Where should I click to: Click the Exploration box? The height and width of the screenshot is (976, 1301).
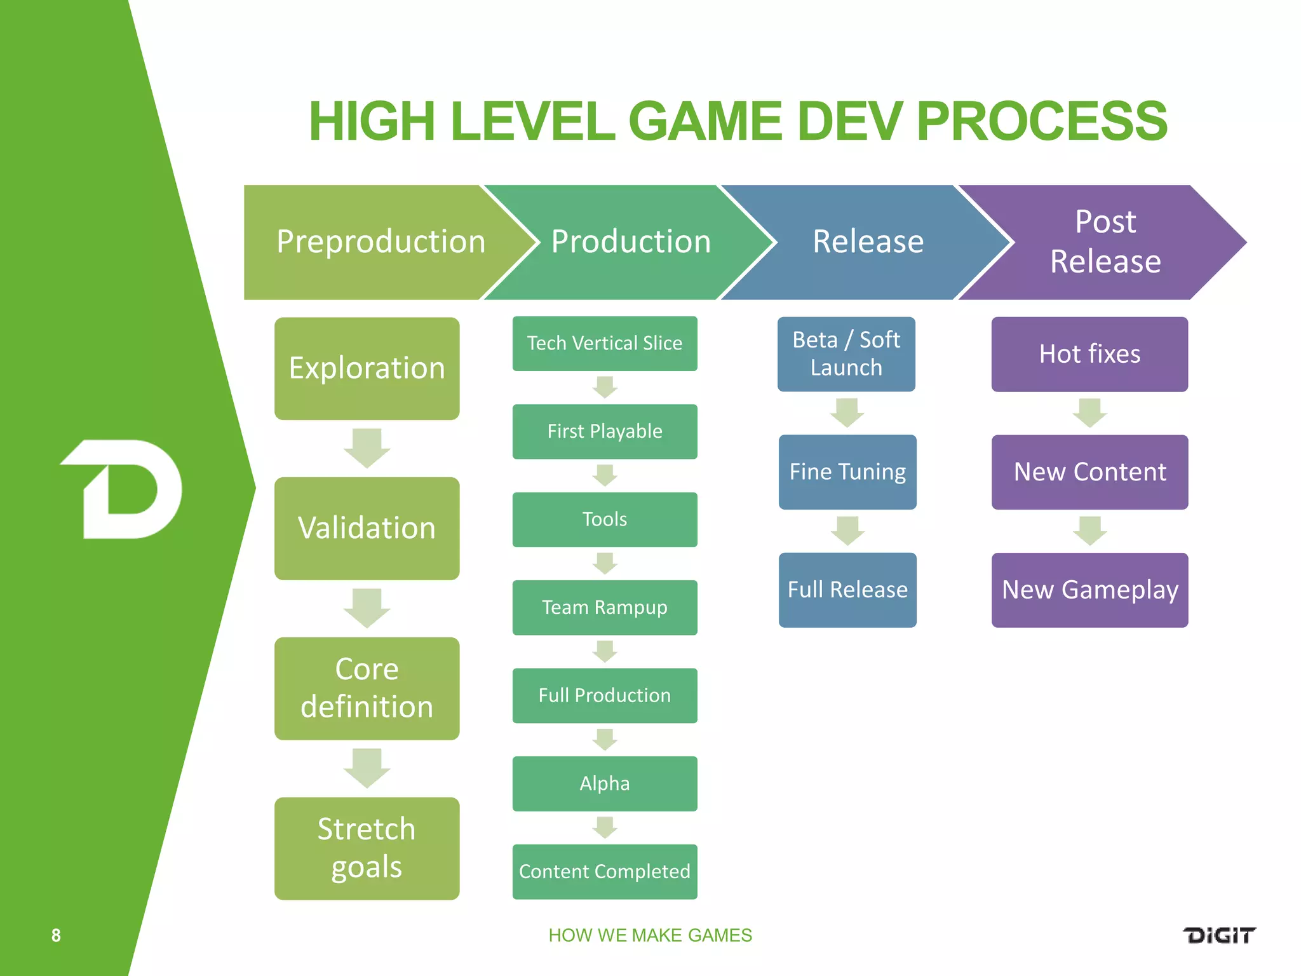[x=367, y=369]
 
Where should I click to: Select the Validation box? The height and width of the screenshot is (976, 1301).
[x=367, y=528]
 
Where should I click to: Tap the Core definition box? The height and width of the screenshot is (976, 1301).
[x=367, y=688]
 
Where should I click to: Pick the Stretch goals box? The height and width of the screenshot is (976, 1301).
[x=367, y=848]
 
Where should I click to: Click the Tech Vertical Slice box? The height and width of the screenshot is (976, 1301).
[x=604, y=344]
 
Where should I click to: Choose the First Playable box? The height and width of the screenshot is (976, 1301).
[x=604, y=431]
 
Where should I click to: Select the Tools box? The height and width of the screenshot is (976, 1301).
[x=604, y=520]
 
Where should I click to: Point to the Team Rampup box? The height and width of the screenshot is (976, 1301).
[x=604, y=607]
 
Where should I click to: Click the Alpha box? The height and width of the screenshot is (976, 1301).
[x=604, y=783]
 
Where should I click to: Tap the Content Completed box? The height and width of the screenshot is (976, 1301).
[x=604, y=872]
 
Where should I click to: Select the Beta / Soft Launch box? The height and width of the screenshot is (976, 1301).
[x=846, y=354]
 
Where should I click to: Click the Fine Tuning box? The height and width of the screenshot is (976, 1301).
[x=847, y=472]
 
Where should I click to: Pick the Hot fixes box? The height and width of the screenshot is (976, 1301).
[x=1089, y=354]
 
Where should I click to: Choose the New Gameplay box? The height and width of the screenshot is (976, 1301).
[x=1089, y=590]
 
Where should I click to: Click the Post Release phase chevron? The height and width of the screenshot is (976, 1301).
[x=1105, y=242]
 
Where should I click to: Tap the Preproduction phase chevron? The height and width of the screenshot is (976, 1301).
[x=375, y=242]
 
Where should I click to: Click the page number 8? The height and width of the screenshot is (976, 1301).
[x=56, y=935]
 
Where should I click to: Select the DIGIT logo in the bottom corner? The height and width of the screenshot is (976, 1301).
[x=1219, y=935]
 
